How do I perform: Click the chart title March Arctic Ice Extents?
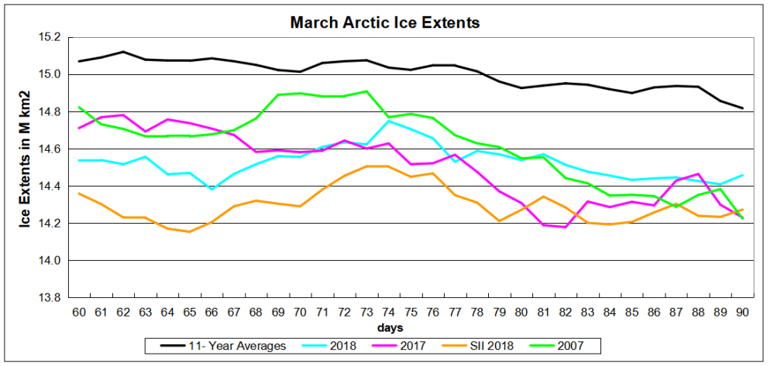385,22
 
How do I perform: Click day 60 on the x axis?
79,311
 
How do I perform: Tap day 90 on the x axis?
742,311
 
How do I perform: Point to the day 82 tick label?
566,311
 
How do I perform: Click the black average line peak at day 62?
123,52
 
